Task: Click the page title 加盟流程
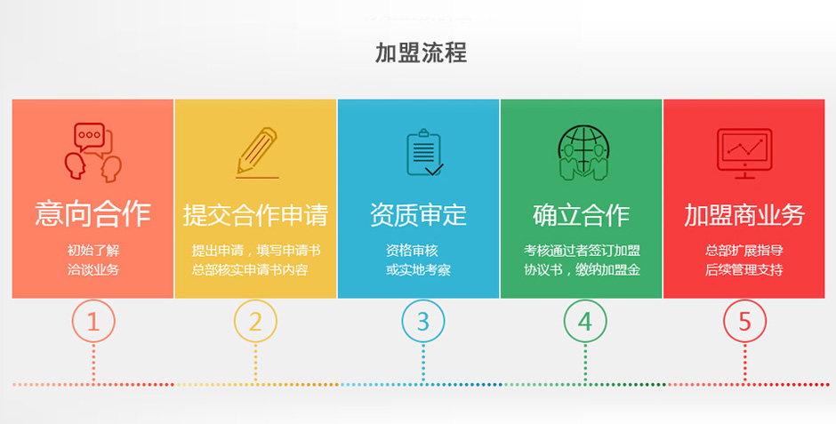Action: coord(422,52)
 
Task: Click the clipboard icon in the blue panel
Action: coord(424,152)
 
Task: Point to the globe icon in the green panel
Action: coord(583,153)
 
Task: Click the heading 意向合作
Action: coord(93,214)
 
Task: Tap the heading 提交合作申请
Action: coord(256,214)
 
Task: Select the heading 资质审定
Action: coord(419,214)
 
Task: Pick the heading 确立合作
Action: coord(581,214)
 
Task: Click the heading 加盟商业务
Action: coord(744,214)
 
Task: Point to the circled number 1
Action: coord(93,321)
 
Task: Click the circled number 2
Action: coord(255,321)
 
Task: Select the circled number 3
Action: coord(423,321)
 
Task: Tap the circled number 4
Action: coord(585,321)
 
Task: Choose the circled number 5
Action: coord(744,321)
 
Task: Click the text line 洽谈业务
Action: coord(93,269)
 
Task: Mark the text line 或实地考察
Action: coord(419,269)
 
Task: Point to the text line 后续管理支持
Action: coord(744,269)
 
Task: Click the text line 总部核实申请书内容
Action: coord(250,269)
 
